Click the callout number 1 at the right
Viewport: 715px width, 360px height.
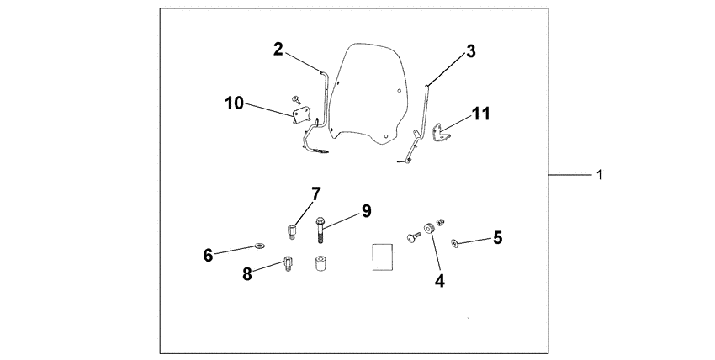tap(599, 176)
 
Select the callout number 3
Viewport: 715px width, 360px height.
tap(471, 51)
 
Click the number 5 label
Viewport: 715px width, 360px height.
tap(497, 238)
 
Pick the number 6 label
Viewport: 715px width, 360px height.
tap(207, 252)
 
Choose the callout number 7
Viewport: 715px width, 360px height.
tap(315, 195)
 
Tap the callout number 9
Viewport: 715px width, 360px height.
tap(366, 211)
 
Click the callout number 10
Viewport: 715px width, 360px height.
tap(234, 103)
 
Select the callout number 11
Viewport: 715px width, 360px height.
tap(479, 112)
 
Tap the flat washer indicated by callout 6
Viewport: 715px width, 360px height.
tap(257, 246)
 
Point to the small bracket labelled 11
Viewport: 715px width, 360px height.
tap(438, 133)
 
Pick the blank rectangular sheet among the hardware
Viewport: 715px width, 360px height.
tap(382, 256)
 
